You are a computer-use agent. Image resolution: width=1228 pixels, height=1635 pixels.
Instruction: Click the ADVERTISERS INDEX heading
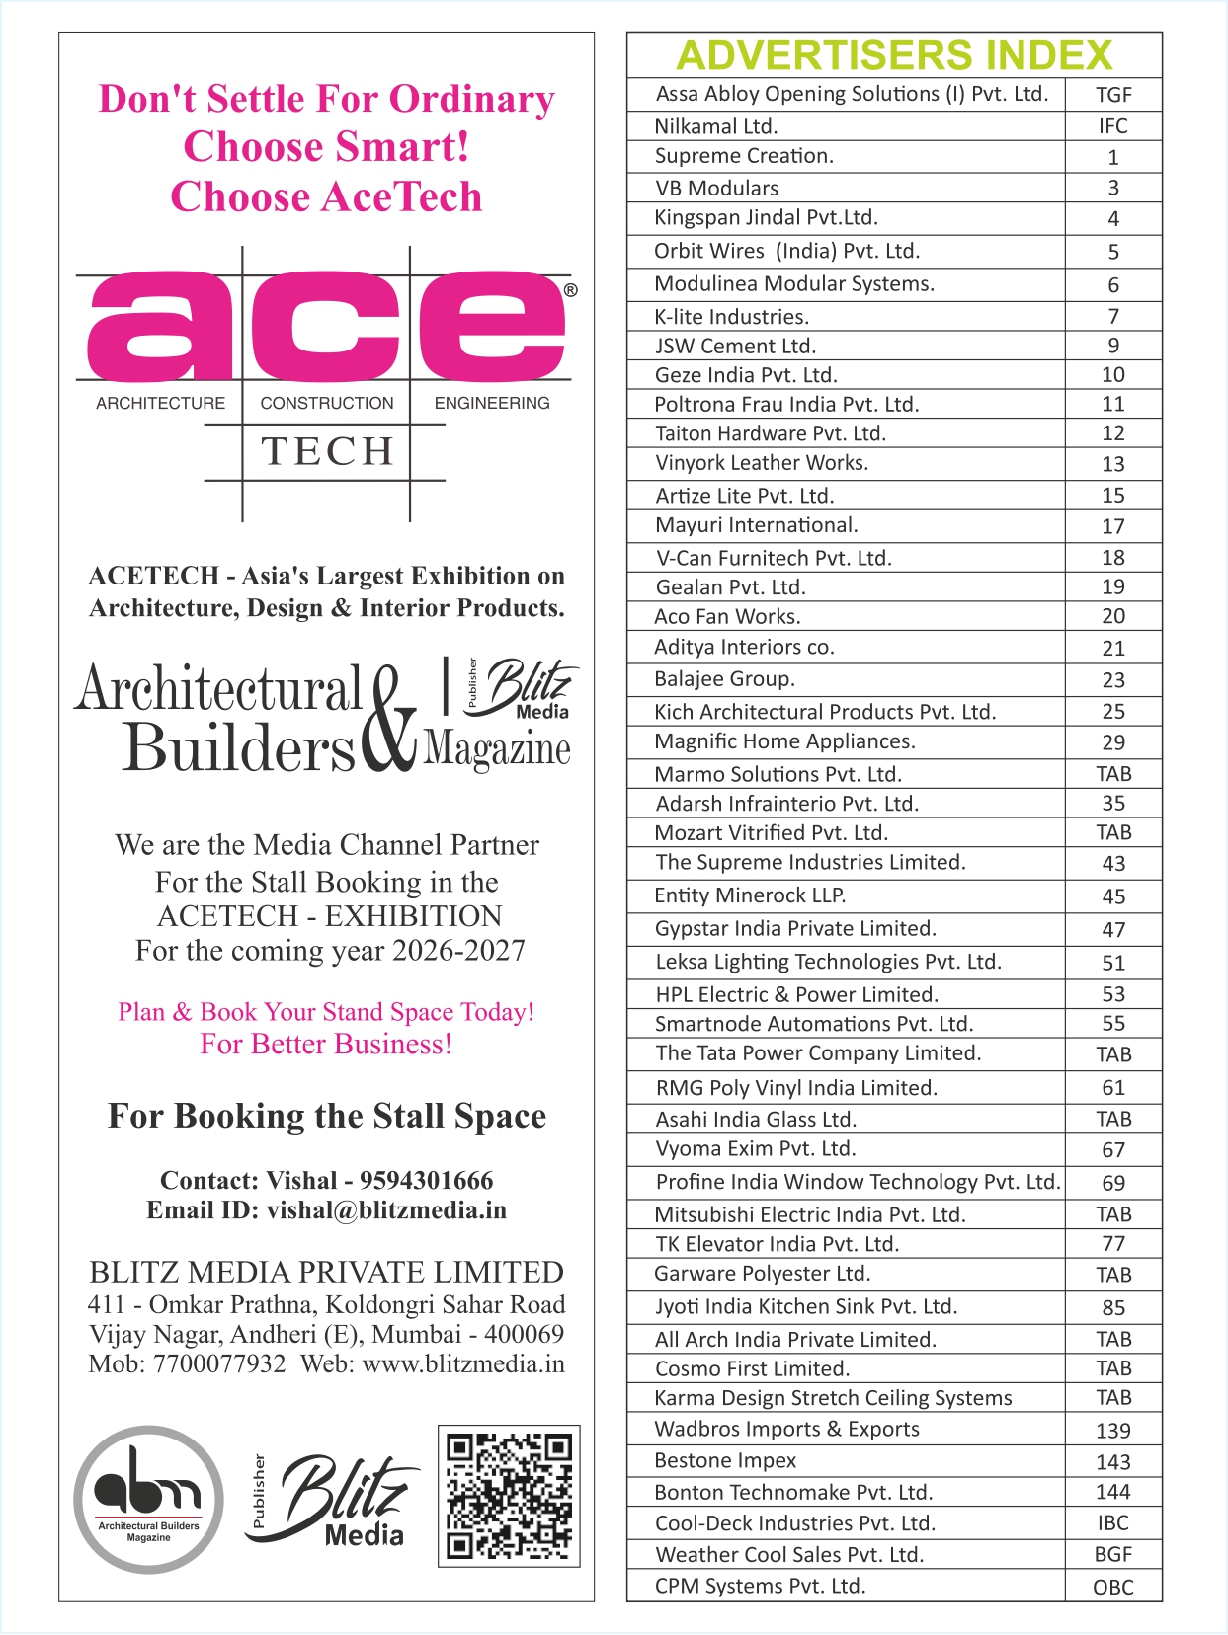[x=894, y=55]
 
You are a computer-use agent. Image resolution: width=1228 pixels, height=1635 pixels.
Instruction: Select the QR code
[x=509, y=1495]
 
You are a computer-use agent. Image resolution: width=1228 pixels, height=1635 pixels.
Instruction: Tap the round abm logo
[x=148, y=1498]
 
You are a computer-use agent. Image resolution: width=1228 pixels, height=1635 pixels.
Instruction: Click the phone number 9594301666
[x=426, y=1180]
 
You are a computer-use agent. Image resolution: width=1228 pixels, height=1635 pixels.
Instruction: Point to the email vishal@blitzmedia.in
[x=386, y=1210]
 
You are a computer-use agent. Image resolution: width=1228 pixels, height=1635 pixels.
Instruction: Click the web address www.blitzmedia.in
[x=463, y=1364]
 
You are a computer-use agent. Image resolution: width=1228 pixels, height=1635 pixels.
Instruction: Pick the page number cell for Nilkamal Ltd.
[x=1112, y=126]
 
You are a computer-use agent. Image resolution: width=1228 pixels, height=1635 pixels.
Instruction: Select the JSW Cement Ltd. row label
[x=735, y=346]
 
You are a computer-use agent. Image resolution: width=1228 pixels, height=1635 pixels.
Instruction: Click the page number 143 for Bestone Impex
[x=1112, y=1461]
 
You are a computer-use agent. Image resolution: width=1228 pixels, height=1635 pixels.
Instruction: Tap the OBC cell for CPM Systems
[x=1112, y=1588]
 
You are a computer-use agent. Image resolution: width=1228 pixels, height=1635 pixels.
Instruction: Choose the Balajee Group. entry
[x=724, y=679]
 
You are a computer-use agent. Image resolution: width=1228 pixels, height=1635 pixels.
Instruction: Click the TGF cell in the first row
[x=1112, y=95]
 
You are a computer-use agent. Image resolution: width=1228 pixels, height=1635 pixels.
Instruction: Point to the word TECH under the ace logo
[x=327, y=451]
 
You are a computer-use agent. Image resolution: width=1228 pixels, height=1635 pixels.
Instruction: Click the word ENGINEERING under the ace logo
[x=491, y=403]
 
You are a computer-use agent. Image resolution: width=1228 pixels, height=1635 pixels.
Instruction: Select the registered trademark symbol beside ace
[x=570, y=291]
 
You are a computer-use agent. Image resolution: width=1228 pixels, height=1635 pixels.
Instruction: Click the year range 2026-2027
[x=458, y=951]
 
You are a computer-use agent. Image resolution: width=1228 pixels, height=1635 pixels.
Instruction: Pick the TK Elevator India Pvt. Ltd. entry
[x=777, y=1244]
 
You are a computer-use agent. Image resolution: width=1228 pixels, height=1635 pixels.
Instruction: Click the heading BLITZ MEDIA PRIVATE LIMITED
[x=326, y=1272]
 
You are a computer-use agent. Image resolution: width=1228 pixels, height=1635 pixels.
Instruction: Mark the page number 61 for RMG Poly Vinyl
[x=1112, y=1088]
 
